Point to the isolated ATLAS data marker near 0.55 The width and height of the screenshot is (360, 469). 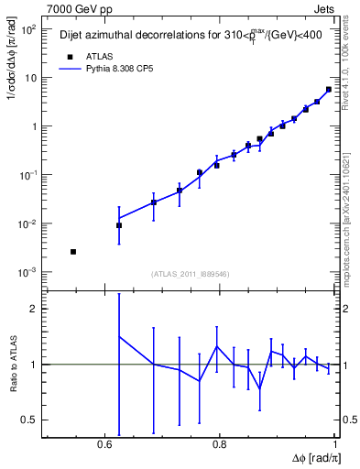(73, 251)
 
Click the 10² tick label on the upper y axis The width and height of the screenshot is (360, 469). (28, 29)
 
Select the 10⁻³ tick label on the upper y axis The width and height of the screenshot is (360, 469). (28, 272)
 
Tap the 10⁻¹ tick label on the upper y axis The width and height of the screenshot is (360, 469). (28, 175)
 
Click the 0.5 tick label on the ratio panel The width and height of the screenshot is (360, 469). (30, 420)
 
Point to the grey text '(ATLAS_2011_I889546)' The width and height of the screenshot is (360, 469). (190, 273)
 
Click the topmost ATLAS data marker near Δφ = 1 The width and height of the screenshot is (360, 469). (329, 90)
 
